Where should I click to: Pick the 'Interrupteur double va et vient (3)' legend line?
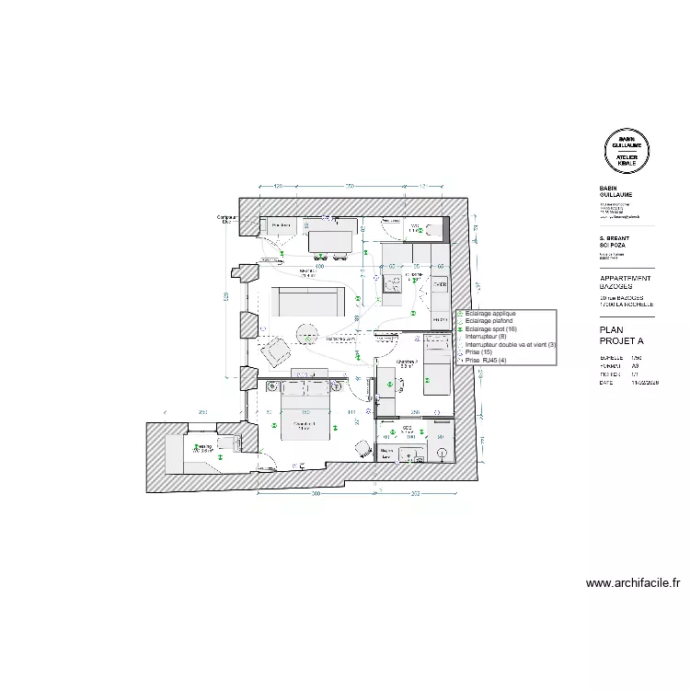(511, 345)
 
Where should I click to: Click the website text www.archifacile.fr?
(632, 582)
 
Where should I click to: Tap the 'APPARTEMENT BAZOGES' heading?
(626, 282)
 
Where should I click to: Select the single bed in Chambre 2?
(436, 365)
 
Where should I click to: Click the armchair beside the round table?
(276, 350)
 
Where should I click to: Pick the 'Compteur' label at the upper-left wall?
(226, 218)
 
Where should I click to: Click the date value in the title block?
(643, 383)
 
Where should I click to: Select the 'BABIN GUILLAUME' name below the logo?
(615, 191)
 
